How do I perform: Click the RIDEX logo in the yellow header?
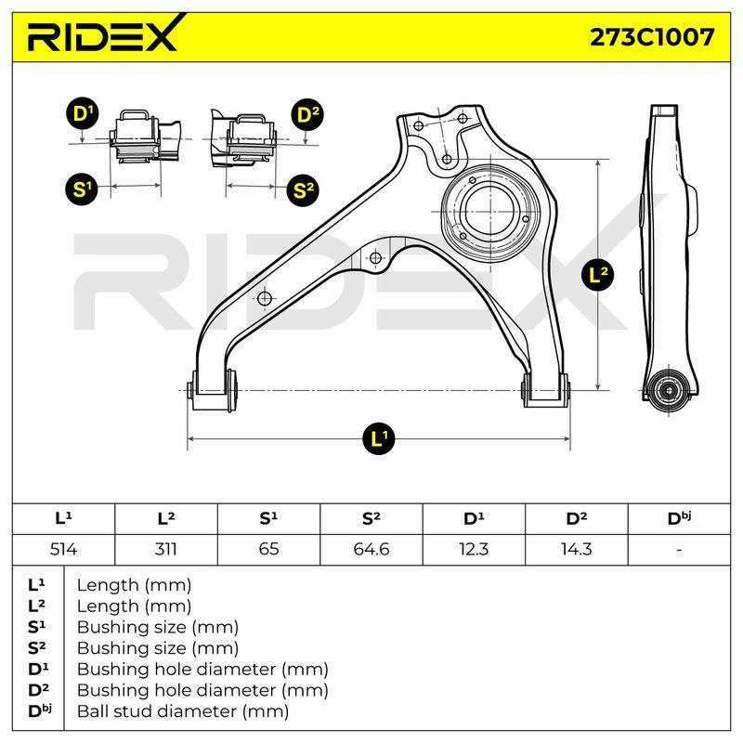102,33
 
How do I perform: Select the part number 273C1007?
652,36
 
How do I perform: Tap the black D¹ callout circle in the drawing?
83,114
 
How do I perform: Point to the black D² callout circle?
307,114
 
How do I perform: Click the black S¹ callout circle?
82,189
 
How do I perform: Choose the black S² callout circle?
304,190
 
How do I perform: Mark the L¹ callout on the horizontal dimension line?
379,438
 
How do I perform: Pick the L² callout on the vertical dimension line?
597,275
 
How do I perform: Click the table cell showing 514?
63,550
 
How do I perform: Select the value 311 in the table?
166,550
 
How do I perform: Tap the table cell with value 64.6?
371,550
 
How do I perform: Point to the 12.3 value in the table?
474,550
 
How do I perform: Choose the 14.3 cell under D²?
576,550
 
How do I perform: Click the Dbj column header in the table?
679,518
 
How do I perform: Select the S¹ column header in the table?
268,518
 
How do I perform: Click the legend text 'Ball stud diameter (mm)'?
183,711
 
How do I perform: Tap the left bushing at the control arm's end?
213,391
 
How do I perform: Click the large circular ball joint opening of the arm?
490,208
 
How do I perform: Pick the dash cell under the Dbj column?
679,550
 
